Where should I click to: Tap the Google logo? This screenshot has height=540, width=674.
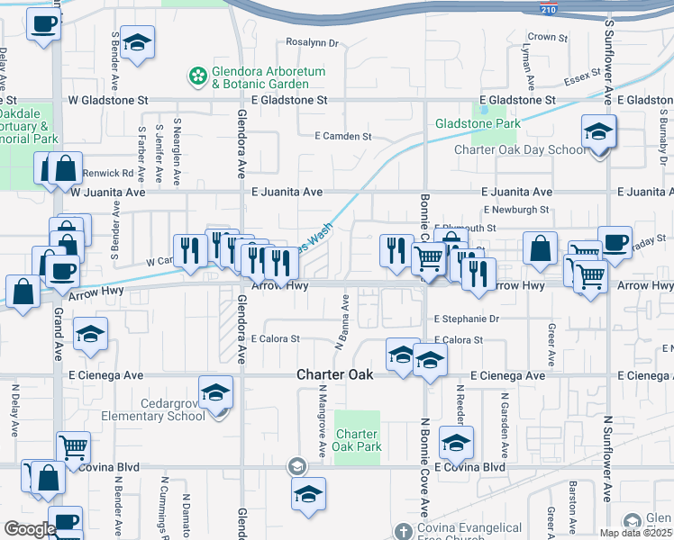pos(30,529)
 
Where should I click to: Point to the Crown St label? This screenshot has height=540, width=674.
pos(548,38)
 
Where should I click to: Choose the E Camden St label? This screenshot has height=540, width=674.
pos(343,136)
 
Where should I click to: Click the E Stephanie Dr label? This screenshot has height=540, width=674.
pos(466,319)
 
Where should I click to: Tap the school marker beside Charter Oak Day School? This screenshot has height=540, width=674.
pos(598,134)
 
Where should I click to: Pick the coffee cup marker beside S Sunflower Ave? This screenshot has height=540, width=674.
pos(615,242)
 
